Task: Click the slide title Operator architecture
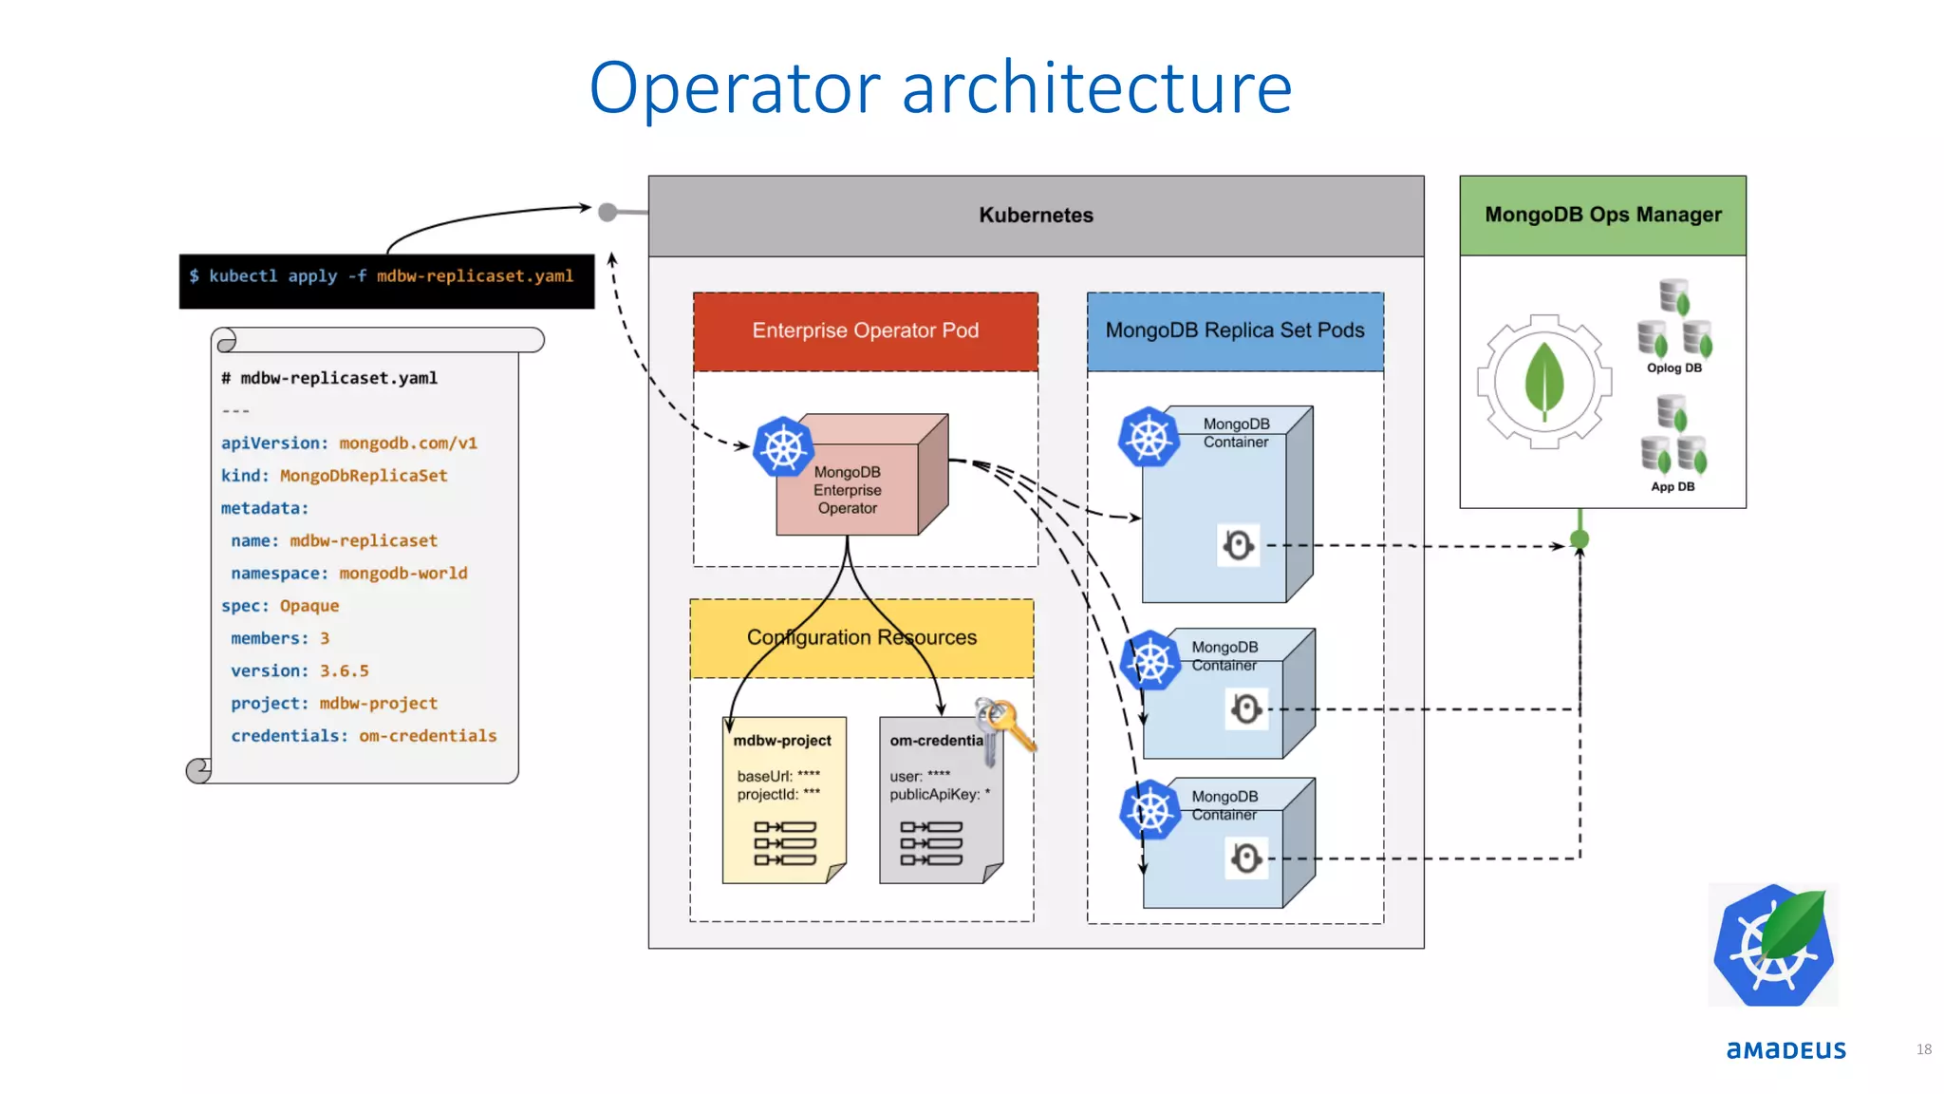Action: click(x=940, y=88)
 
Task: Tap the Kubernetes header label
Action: click(x=1036, y=216)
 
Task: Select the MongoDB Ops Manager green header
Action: click(x=1602, y=216)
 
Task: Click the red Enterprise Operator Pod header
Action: click(x=865, y=330)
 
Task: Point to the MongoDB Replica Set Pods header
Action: click(x=1234, y=330)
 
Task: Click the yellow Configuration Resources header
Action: click(x=861, y=638)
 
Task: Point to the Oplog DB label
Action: click(x=1673, y=368)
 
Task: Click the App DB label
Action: click(x=1672, y=487)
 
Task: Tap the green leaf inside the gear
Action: click(x=1544, y=380)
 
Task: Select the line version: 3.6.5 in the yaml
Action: click(x=299, y=671)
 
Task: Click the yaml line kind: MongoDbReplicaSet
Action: click(x=333, y=476)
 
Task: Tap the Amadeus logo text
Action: click(x=1785, y=1049)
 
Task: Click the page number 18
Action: click(x=1923, y=1049)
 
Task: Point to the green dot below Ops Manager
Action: click(x=1579, y=539)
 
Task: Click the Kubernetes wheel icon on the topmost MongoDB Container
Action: click(x=1149, y=438)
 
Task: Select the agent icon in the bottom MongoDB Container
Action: click(x=1246, y=858)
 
